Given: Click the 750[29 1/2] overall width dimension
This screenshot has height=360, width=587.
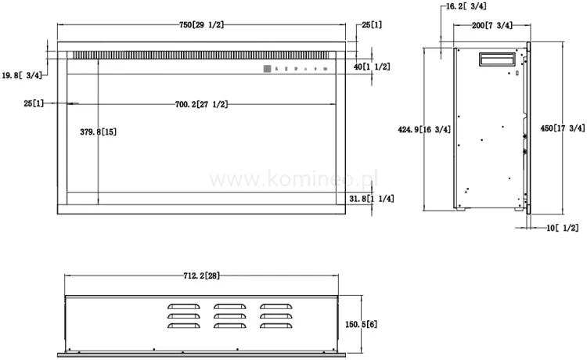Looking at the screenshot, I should pyautogui.click(x=201, y=26).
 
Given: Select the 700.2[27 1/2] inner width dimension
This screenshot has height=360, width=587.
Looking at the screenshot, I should pyautogui.click(x=201, y=104).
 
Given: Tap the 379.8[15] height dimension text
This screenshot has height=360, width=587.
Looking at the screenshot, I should pyautogui.click(x=99, y=132).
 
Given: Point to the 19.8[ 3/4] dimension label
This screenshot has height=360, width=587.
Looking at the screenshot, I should pyautogui.click(x=22, y=75).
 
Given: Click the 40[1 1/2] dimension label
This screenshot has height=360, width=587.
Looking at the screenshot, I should pyautogui.click(x=371, y=67).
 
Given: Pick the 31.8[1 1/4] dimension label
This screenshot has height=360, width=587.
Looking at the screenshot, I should pyautogui.click(x=371, y=199).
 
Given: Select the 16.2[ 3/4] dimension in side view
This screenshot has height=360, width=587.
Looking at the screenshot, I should pyautogui.click(x=466, y=6).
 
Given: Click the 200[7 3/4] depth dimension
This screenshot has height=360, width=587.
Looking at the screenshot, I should pyautogui.click(x=492, y=26).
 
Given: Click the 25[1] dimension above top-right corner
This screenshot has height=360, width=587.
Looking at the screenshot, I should pyautogui.click(x=371, y=26).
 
